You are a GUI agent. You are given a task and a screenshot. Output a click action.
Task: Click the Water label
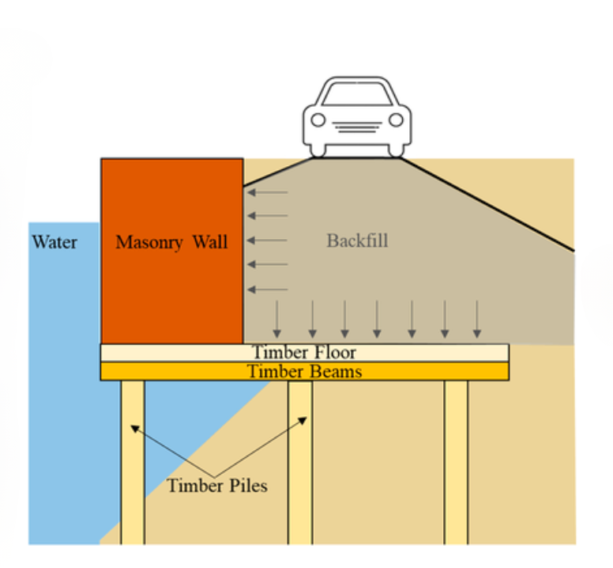click(55, 241)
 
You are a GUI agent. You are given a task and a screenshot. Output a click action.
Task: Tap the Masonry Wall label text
click(171, 242)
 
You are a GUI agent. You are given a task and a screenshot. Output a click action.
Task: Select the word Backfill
click(357, 240)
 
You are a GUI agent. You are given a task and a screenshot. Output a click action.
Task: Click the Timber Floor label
click(304, 352)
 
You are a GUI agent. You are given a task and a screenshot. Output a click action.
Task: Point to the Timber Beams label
click(304, 371)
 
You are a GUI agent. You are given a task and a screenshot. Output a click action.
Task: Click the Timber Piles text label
click(217, 485)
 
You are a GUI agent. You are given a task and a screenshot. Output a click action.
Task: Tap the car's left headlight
click(318, 120)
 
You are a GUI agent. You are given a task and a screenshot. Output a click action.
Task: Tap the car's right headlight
click(397, 120)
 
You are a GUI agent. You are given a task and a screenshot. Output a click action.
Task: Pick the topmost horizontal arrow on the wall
click(267, 192)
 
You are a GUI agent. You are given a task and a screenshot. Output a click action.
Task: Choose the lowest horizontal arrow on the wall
click(267, 289)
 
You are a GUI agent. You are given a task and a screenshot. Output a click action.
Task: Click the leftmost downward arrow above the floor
click(276, 320)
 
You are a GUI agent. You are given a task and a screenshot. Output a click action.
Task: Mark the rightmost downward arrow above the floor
click(476, 320)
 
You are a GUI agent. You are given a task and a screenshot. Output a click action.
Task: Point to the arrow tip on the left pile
click(134, 427)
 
